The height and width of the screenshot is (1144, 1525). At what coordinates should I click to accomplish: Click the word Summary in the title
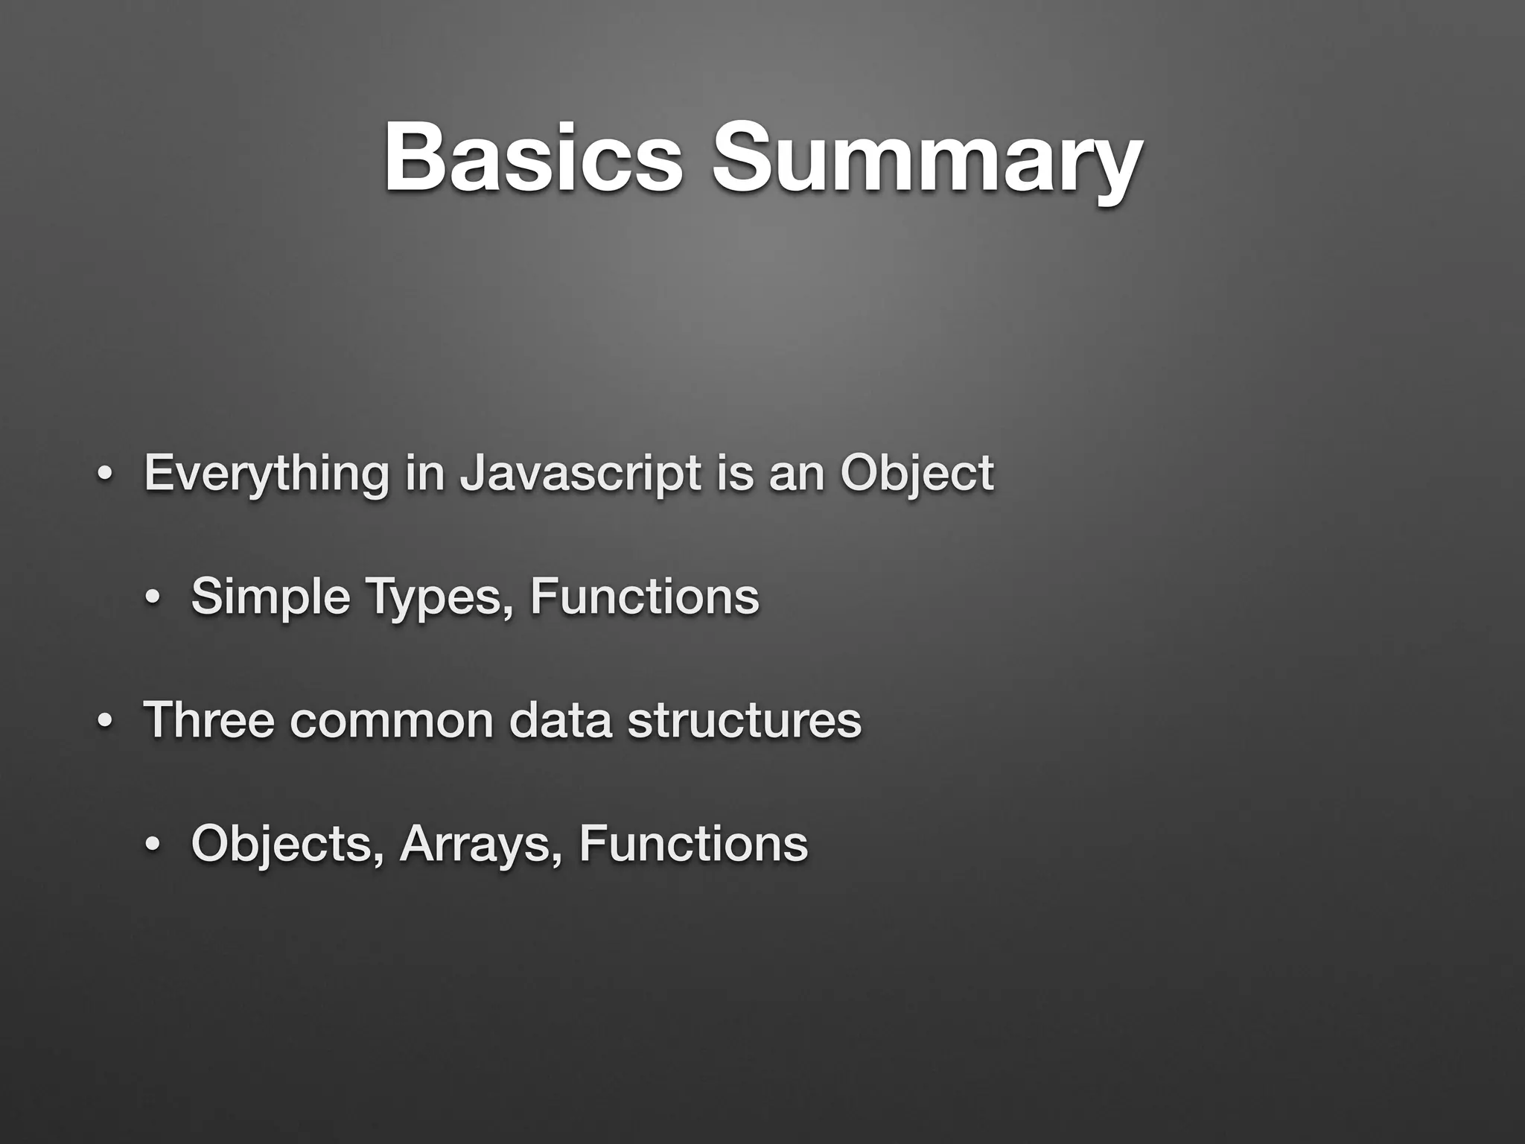(x=926, y=158)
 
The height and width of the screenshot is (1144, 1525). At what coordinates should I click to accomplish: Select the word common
(x=391, y=719)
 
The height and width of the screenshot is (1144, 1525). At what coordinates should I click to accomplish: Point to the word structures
(x=744, y=719)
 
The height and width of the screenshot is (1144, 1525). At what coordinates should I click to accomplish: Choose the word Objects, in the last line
(x=288, y=843)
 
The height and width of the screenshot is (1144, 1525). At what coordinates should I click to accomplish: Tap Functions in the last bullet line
(x=693, y=843)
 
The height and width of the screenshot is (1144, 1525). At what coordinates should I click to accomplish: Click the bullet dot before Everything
(x=105, y=475)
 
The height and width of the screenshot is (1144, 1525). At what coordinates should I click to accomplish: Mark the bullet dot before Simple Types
(x=153, y=598)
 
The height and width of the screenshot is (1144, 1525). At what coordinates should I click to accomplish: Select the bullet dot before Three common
(x=105, y=722)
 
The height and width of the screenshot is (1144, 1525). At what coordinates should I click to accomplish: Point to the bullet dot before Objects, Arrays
(x=153, y=845)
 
